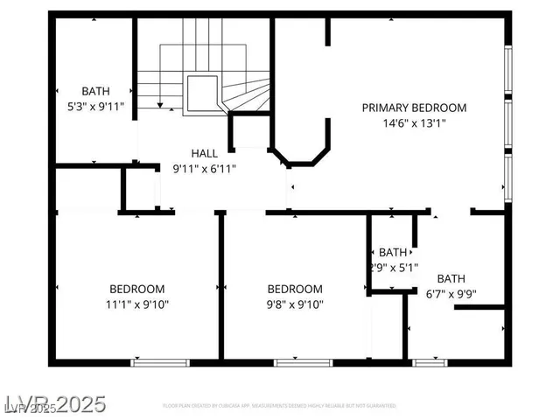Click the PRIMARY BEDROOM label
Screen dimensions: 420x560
pos(415,108)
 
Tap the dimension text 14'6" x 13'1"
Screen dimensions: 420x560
pos(415,123)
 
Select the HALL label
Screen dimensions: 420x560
pos(205,153)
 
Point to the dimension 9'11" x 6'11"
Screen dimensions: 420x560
pos(205,169)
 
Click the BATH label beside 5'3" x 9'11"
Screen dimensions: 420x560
pos(96,91)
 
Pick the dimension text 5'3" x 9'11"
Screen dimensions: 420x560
pos(96,107)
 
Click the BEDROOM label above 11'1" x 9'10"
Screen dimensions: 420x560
pos(136,290)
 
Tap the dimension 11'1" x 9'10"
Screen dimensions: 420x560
pos(136,305)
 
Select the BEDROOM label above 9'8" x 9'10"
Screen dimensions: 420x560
pos(295,290)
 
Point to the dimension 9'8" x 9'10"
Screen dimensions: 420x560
pos(295,305)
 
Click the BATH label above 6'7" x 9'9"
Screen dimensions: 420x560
pos(451,279)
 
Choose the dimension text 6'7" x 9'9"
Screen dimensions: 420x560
pos(451,295)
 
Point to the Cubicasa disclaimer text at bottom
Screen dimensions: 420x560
pos(280,407)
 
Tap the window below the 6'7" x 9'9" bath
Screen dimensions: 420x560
pos(428,361)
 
